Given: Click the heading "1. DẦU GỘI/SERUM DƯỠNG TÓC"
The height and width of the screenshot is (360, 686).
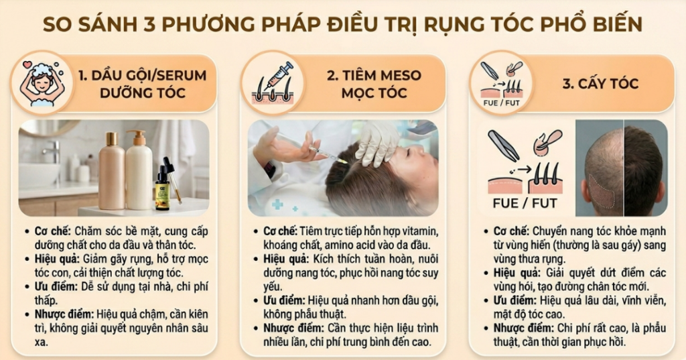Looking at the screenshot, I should point(142,84).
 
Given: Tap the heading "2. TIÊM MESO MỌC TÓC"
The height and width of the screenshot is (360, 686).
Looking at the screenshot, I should point(374,84).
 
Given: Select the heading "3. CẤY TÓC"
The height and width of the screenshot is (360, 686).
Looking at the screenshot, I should point(600,84).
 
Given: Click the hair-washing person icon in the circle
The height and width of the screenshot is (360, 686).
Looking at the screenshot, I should point(42,82).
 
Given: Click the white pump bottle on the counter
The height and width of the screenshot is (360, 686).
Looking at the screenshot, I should point(139,171).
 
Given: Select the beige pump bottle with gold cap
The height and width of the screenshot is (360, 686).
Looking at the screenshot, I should point(112,171).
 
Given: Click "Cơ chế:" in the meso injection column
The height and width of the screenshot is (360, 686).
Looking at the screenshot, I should point(276,231).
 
